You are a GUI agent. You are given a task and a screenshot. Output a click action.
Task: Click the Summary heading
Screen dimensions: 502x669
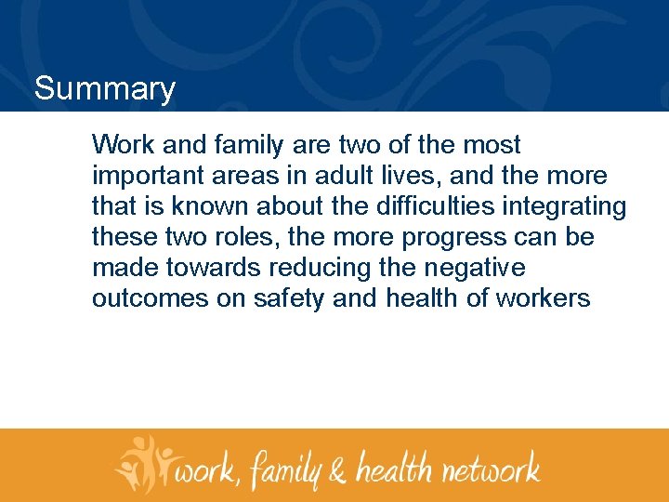pyautogui.click(x=104, y=89)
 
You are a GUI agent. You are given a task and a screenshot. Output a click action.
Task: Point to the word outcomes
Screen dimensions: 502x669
pyautogui.click(x=142, y=298)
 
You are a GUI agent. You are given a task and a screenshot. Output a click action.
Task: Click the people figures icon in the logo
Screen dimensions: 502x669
pyautogui.click(x=144, y=463)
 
